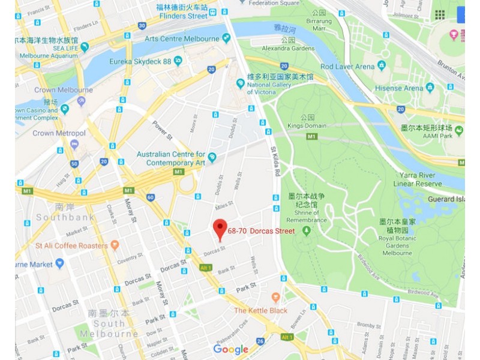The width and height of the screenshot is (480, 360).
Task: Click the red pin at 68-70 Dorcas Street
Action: pos(220,228)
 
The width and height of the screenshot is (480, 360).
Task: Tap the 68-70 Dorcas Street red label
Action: pos(261,231)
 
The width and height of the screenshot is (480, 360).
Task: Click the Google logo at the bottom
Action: pos(230,350)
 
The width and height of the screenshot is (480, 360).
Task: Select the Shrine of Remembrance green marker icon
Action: pos(307,230)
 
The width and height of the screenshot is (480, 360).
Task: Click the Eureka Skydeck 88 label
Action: pos(140,61)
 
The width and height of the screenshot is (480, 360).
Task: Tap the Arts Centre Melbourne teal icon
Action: pos(226,38)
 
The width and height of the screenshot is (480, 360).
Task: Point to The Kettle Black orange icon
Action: pos(276,298)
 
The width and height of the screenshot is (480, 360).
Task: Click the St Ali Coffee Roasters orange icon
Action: pos(115,245)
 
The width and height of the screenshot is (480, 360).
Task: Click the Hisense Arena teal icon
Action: pos(430,88)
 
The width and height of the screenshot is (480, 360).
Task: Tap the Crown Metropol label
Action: pos(59,133)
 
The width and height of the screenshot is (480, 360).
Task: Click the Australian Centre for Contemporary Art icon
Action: pos(212,157)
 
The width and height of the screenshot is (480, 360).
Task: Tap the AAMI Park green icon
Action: pos(459,130)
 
